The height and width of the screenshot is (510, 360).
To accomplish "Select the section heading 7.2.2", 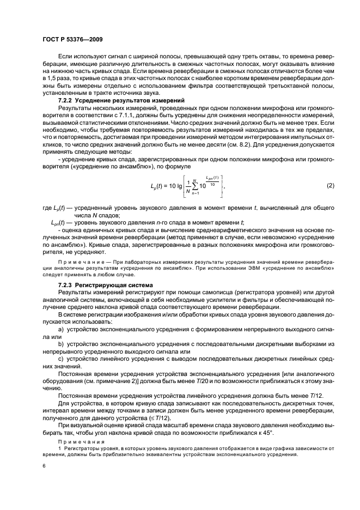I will [x=66, y=101].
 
